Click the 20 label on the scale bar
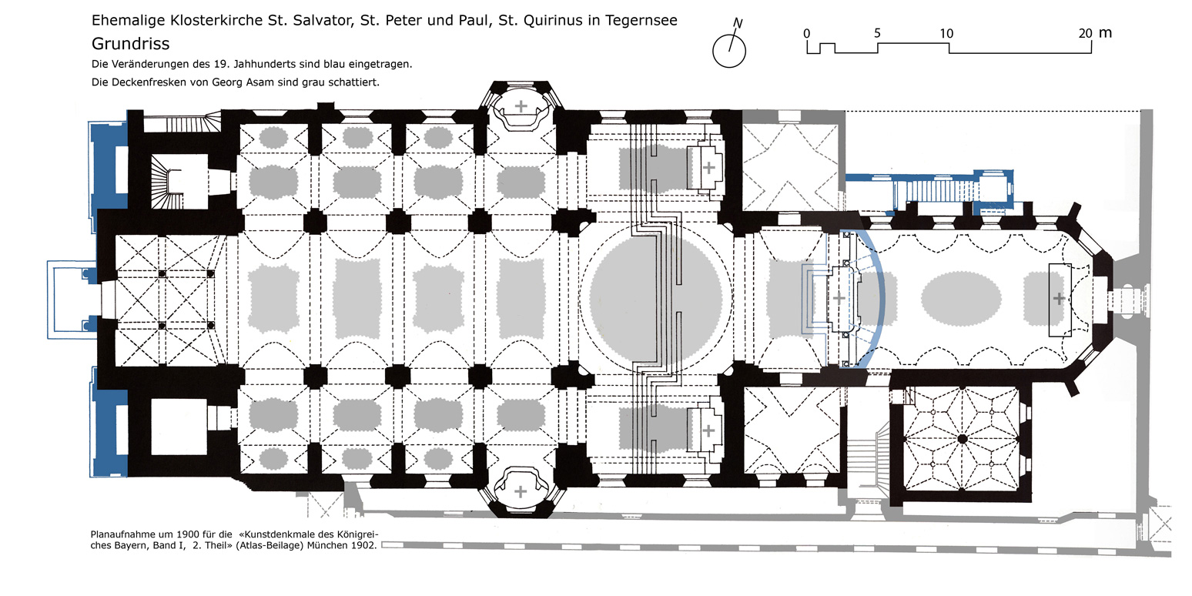1085,33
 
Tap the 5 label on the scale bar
877,33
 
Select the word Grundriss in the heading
130,44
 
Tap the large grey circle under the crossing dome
655,298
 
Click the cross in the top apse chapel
521,105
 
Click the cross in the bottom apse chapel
521,491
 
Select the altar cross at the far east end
1059,298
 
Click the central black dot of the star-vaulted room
962,439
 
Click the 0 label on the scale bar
806,33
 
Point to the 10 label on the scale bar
946,33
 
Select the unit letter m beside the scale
1106,32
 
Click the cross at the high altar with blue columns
839,297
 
